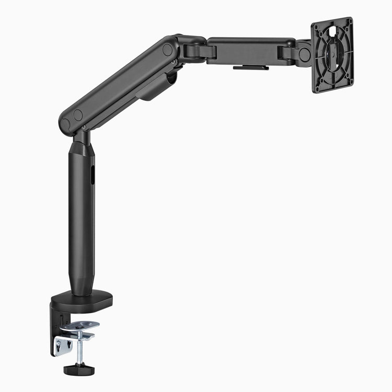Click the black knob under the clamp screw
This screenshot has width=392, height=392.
click(x=79, y=370)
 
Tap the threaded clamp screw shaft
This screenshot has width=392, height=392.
click(x=79, y=352)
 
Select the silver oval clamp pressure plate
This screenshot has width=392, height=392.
click(x=79, y=326)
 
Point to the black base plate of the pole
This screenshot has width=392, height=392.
click(x=84, y=298)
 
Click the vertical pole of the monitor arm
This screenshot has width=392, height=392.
click(x=82, y=220)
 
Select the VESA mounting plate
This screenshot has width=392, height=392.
click(x=332, y=54)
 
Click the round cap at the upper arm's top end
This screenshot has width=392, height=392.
click(x=167, y=50)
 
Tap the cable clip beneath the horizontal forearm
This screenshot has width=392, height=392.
click(x=251, y=67)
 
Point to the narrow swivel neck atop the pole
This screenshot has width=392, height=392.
click(x=83, y=137)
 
